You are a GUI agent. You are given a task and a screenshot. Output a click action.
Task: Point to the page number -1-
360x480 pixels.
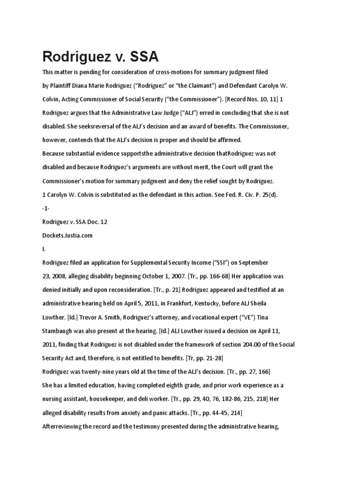pos(46,208)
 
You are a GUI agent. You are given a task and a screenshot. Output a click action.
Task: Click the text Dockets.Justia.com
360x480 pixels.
pos(67,235)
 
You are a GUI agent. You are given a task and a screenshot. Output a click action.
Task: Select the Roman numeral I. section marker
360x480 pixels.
pos(44,249)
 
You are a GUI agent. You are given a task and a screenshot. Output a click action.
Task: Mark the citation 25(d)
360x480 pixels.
pos(269,195)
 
